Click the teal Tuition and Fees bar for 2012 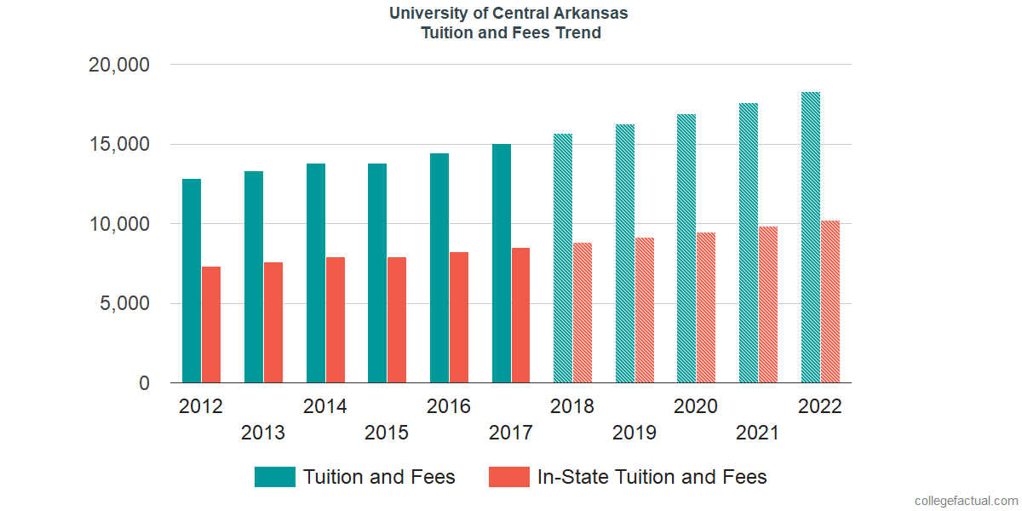click(192, 281)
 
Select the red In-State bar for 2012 click(211, 324)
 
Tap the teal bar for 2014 click(316, 273)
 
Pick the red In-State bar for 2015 click(397, 320)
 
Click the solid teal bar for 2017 click(502, 263)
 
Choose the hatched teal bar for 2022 click(811, 238)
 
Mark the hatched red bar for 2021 click(768, 305)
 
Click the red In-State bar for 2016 click(459, 318)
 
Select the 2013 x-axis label click(263, 433)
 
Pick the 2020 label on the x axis click(695, 406)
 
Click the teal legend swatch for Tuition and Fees click(275, 477)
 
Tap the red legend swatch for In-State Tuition click(509, 477)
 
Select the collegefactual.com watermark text click(965, 501)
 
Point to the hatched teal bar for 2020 click(686, 249)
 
